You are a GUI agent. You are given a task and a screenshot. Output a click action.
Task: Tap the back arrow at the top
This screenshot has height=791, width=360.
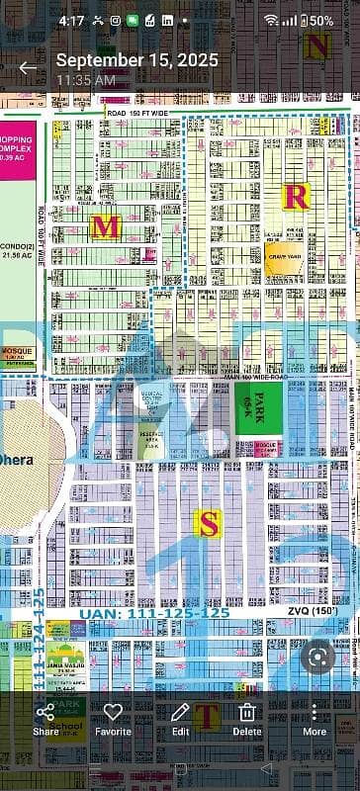(x=28, y=68)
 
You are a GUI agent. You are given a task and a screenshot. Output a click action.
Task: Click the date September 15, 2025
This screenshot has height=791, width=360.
(x=136, y=60)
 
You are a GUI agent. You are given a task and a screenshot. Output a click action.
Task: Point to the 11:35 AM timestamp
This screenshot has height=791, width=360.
(x=86, y=78)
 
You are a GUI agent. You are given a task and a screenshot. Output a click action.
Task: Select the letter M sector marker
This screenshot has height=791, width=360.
(x=105, y=227)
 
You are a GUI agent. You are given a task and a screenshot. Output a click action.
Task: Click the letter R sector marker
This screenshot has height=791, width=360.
(x=296, y=196)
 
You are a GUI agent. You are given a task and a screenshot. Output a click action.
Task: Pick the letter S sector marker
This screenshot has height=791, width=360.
(x=207, y=523)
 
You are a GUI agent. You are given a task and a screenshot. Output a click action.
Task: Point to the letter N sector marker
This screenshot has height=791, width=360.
(x=317, y=45)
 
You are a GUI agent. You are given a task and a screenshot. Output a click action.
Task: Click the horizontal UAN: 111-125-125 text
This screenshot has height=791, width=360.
(x=152, y=613)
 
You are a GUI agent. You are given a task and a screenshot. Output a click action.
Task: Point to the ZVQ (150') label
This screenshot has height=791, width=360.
(x=313, y=613)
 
